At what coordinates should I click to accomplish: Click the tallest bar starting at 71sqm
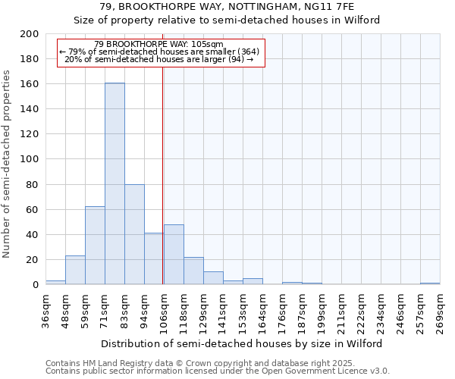115,183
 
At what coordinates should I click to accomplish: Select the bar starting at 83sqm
134,234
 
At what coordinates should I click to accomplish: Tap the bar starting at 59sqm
95,245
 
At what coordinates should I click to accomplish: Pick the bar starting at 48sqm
75,270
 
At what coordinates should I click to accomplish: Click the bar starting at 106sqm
174,255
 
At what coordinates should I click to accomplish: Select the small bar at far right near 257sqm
430,283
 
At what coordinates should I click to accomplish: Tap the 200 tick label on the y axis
30,34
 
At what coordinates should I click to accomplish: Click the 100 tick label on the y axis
30,159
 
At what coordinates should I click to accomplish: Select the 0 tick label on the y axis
36,285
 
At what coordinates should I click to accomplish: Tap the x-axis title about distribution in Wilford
242,343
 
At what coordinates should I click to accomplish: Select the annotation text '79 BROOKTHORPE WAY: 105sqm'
159,44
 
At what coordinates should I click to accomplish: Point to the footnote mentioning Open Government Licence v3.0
218,371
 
